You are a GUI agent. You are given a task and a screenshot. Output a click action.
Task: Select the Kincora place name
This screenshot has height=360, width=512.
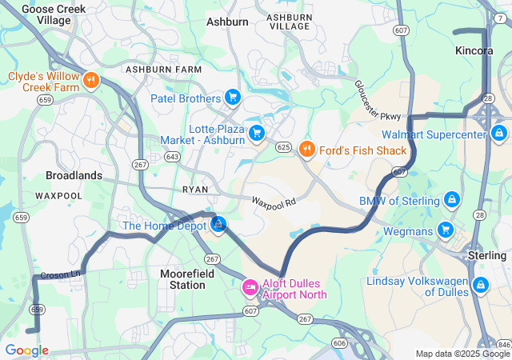click(474, 50)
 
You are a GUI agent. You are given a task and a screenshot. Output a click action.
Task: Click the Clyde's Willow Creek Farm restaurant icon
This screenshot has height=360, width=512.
click(92, 80)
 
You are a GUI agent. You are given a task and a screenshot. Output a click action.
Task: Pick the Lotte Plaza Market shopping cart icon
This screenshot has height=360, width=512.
click(257, 133)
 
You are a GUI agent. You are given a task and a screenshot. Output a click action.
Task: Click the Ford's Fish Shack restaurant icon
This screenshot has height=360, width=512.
click(306, 150)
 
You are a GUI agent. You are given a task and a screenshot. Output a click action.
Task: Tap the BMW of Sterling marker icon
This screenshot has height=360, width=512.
click(451, 199)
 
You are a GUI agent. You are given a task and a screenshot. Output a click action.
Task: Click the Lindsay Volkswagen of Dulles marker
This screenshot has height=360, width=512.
click(480, 285)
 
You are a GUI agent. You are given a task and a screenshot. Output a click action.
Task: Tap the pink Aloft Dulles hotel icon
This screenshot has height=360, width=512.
click(250, 286)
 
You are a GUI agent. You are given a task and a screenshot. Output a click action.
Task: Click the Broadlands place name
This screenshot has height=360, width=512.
click(74, 175)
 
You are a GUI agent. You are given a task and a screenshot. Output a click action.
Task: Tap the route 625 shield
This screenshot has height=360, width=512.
click(283, 147)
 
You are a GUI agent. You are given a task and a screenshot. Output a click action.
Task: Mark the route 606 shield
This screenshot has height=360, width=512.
click(339, 342)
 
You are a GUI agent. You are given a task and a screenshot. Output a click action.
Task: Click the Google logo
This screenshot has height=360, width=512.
click(26, 350)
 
